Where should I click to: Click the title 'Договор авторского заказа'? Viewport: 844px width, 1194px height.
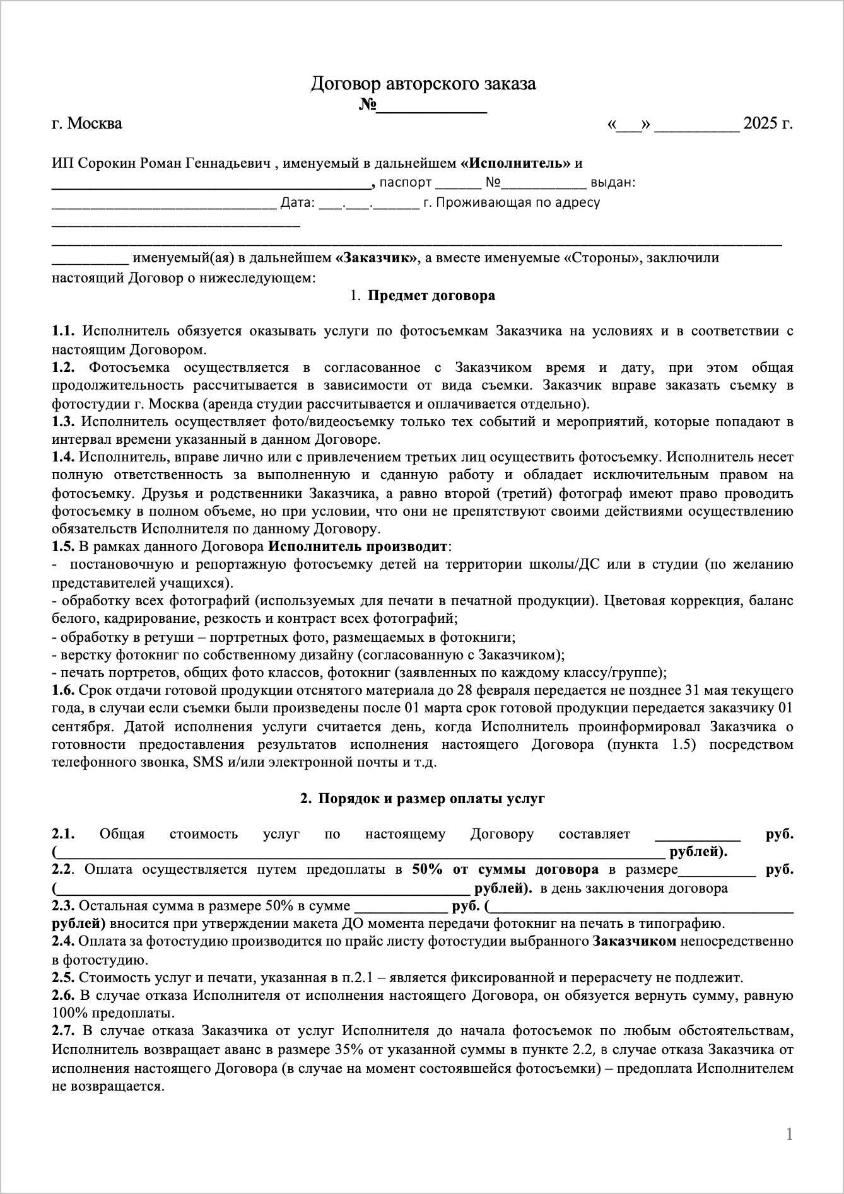tap(423, 83)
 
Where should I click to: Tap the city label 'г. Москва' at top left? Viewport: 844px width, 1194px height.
tap(87, 124)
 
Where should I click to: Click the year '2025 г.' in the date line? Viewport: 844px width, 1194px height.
tap(768, 124)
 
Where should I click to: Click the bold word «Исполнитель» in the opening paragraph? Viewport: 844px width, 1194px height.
tap(515, 163)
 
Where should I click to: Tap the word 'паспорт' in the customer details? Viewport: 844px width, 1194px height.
tap(405, 183)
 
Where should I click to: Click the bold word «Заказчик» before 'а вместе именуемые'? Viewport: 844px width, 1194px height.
tap(377, 258)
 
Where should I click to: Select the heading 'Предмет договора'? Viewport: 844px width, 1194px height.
tap(431, 296)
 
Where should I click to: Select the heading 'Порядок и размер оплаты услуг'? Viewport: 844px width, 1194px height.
tap(431, 799)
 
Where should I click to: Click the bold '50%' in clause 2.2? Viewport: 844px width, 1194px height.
tap(427, 870)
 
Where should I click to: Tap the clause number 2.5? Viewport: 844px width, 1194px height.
tap(63, 995)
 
